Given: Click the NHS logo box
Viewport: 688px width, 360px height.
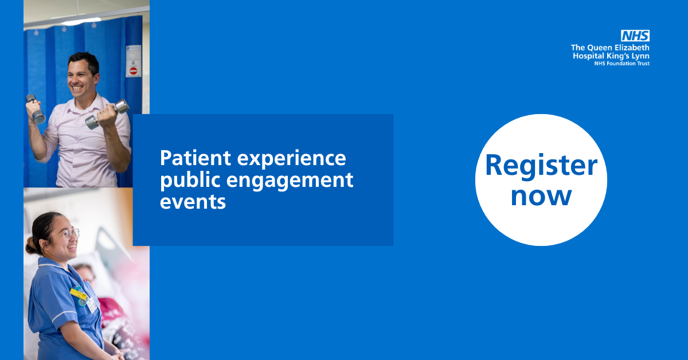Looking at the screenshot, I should [635, 36].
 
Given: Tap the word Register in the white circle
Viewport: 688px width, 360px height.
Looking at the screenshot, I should [541, 166].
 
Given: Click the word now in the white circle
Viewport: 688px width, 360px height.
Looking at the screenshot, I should [541, 195].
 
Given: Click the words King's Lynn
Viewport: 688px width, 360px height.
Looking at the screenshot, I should [627, 56].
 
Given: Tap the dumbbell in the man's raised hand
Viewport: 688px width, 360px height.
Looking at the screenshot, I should [35, 108].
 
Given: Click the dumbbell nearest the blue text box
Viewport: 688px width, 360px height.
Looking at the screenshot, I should [107, 114].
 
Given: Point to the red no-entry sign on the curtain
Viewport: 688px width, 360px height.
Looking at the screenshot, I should [133, 71].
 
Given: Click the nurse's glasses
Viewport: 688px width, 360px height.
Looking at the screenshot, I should [70, 233].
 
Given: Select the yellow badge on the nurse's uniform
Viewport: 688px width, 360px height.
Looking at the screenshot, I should [78, 294].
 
